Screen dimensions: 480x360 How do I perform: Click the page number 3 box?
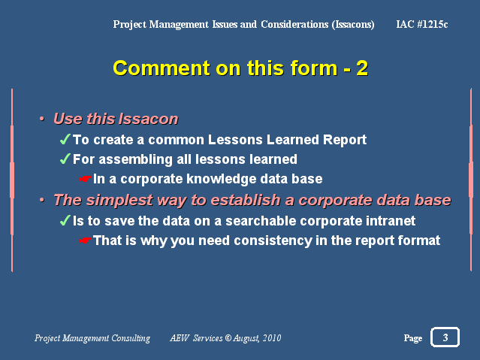tap(445, 337)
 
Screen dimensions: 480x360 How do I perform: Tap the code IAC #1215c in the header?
tap(422, 24)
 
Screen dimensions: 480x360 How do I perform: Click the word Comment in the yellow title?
tap(162, 68)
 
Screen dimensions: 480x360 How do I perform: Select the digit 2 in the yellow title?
tap(362, 68)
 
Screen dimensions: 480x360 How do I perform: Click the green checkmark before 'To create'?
tap(65, 139)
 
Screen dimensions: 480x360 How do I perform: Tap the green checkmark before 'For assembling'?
tap(65, 159)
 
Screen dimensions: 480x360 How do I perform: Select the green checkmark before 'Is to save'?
tap(65, 220)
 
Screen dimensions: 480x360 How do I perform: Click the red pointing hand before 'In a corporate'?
tap(86, 179)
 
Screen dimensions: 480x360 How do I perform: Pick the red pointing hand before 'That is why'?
tap(86, 241)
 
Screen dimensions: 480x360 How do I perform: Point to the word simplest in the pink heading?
tap(119, 200)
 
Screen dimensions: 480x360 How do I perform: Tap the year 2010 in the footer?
tap(272, 338)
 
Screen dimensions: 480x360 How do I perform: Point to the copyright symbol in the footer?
tap(228, 338)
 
